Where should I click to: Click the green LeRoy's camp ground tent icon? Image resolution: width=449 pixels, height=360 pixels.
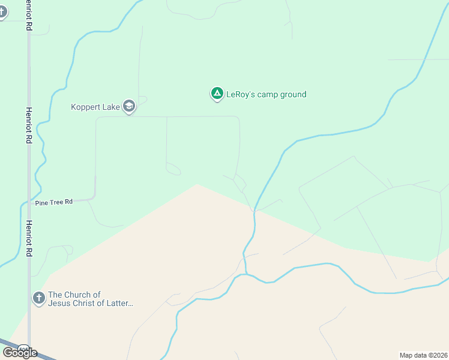(x=217, y=94)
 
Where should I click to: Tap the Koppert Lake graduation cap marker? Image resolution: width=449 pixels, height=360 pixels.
(x=128, y=106)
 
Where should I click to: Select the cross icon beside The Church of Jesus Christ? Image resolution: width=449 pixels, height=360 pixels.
(x=38, y=298)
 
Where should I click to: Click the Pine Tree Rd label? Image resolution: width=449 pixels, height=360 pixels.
(x=53, y=202)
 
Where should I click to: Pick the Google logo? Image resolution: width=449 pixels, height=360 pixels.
(x=20, y=352)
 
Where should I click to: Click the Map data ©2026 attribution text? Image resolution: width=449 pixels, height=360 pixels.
(x=424, y=355)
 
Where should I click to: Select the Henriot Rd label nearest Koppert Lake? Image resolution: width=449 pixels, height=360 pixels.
(x=28, y=125)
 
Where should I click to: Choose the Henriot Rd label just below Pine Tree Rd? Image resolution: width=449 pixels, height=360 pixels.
(x=28, y=239)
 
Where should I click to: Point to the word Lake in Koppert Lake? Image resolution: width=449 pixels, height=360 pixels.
(x=110, y=107)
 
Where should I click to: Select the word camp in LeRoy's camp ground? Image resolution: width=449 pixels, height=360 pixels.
(x=267, y=94)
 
